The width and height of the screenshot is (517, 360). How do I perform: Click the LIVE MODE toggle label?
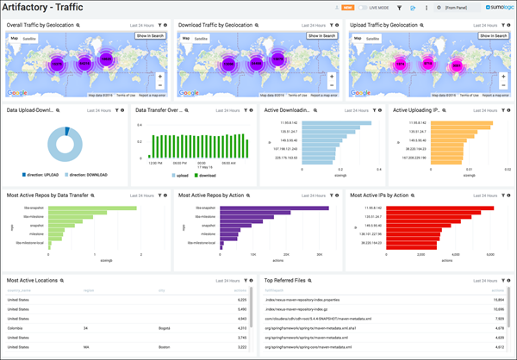click(379, 8)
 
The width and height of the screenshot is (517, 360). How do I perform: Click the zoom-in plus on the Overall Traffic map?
click(161, 76)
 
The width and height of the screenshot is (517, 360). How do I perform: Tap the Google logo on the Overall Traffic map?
click(16, 92)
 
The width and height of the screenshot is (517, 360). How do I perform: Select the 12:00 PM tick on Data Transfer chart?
click(156, 163)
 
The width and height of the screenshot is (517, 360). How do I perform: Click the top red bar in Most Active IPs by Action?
click(440, 208)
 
